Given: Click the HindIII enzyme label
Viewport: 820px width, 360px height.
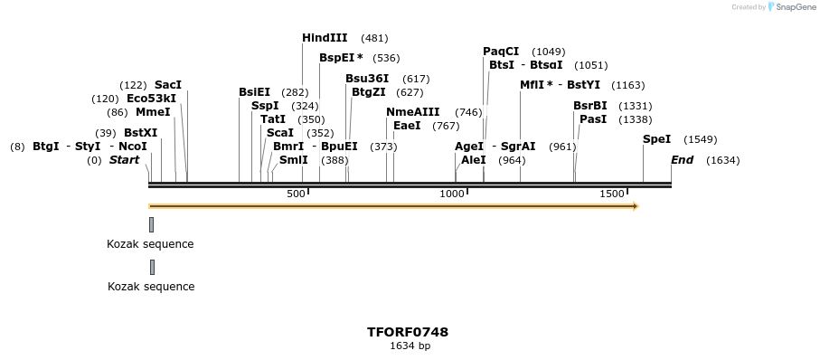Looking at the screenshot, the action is [x=325, y=38].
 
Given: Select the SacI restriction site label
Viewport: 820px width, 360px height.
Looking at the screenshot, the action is [x=168, y=85].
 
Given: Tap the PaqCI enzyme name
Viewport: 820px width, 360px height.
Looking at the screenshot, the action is [x=501, y=52].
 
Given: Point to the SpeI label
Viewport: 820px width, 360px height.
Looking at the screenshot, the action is [x=656, y=139].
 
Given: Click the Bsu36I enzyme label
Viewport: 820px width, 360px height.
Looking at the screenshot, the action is [x=367, y=79].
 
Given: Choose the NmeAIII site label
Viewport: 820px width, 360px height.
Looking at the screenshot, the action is [x=412, y=112].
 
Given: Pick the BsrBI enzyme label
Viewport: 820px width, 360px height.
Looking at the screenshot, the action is [x=590, y=106].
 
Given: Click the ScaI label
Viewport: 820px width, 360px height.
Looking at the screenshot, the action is [x=280, y=133].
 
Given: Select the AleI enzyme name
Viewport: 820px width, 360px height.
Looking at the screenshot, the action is [x=474, y=160].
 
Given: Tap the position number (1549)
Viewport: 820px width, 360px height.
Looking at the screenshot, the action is [x=701, y=139].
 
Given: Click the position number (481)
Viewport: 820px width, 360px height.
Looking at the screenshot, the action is [x=374, y=38].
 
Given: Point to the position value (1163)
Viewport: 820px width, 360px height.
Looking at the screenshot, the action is [x=628, y=85].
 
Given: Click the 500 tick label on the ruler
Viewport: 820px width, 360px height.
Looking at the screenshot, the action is [x=296, y=194].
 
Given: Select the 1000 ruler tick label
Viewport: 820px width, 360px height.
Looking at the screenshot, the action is [x=451, y=194].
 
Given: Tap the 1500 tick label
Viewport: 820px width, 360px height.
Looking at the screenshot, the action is [x=612, y=194].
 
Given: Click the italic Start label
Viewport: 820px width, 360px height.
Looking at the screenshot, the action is [x=125, y=160].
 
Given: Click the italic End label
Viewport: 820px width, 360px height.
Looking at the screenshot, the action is [x=682, y=160].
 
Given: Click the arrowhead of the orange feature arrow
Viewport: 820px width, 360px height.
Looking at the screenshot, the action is [x=636, y=206].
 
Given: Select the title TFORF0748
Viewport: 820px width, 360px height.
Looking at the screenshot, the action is [x=408, y=332].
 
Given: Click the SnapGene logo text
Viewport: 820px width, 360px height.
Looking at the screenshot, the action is [x=794, y=7].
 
